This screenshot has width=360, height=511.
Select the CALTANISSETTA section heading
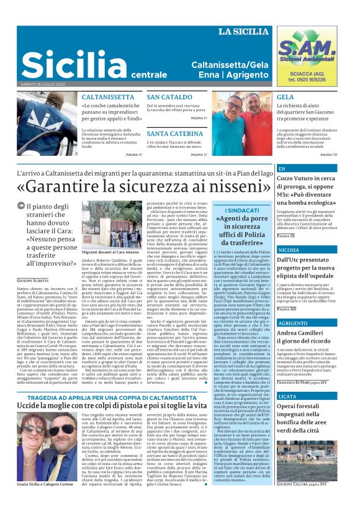pos(108,97)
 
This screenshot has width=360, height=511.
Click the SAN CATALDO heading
pos(169,97)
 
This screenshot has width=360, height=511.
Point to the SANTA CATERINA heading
pos(174,133)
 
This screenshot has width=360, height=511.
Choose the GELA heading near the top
pos(285,97)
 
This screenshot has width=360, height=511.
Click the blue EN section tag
pos(282,169)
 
